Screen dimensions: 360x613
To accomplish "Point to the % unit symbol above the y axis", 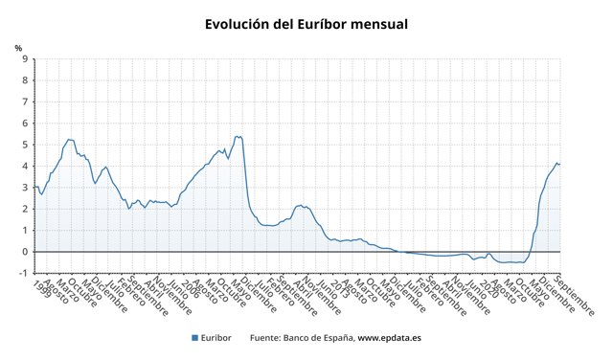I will (18, 47).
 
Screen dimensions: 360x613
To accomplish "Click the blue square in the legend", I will (194, 338).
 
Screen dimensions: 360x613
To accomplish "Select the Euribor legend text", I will (216, 338).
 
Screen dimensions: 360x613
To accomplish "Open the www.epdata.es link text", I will (392, 338).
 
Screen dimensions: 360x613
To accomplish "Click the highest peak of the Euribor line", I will (238, 136).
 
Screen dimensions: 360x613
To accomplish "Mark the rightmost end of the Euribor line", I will (560, 164).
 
